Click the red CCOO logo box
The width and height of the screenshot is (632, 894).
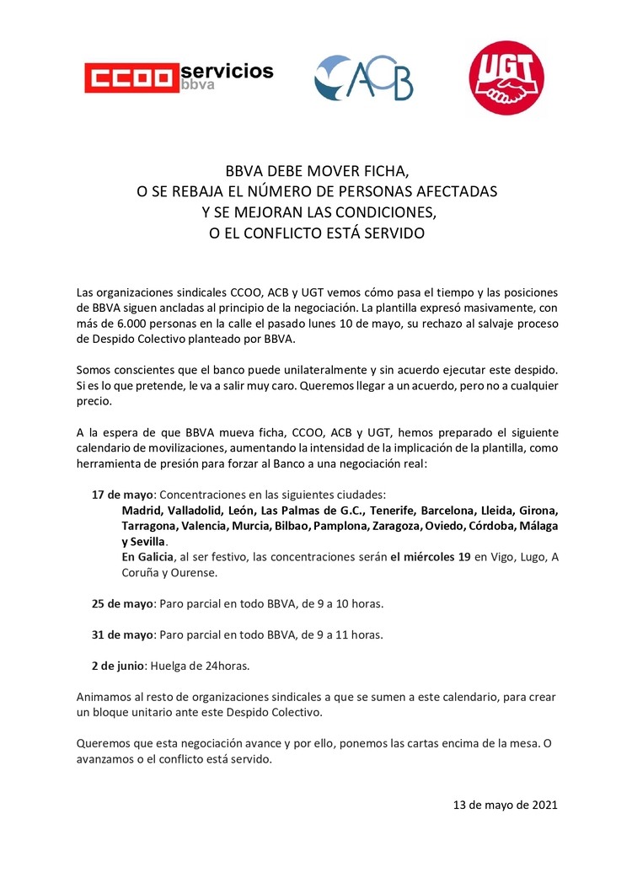pyautogui.click(x=131, y=78)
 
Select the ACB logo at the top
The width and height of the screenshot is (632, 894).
pyautogui.click(x=363, y=78)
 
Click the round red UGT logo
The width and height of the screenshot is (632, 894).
pyautogui.click(x=506, y=78)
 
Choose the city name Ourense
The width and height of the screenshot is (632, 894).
pyautogui.click(x=195, y=572)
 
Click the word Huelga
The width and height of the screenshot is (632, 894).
pyautogui.click(x=169, y=666)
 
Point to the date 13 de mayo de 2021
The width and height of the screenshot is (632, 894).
pyautogui.click(x=505, y=805)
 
